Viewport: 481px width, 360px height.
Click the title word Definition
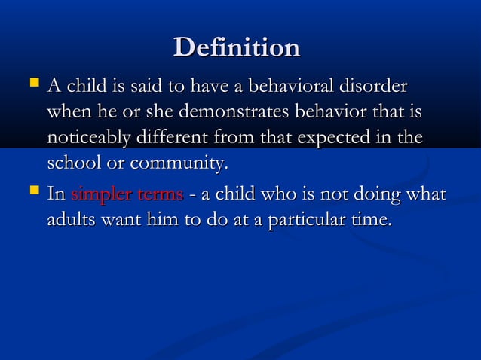(x=237, y=48)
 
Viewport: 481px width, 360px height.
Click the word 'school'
(x=75, y=163)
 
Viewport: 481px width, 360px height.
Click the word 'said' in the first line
(x=127, y=86)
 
